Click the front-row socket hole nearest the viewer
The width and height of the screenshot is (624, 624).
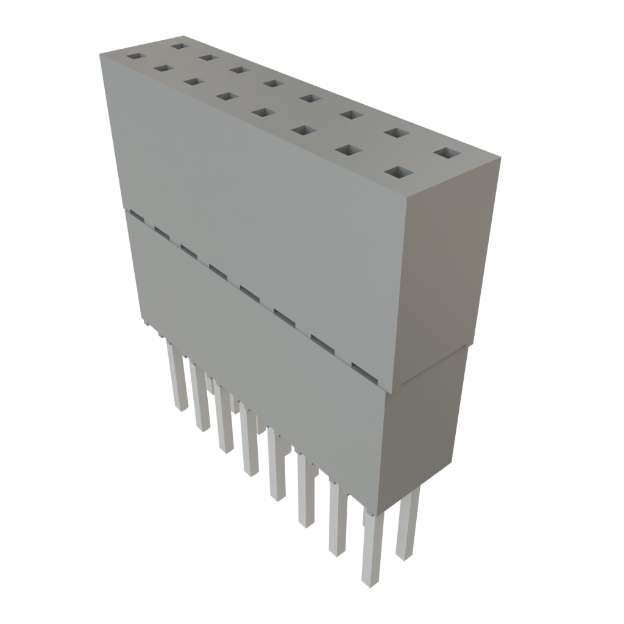coord(396,173)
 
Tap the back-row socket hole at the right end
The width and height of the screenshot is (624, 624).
coord(448,153)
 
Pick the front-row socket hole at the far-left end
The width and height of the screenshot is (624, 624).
coord(135,57)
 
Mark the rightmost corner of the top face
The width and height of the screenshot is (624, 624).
coord(501,157)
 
